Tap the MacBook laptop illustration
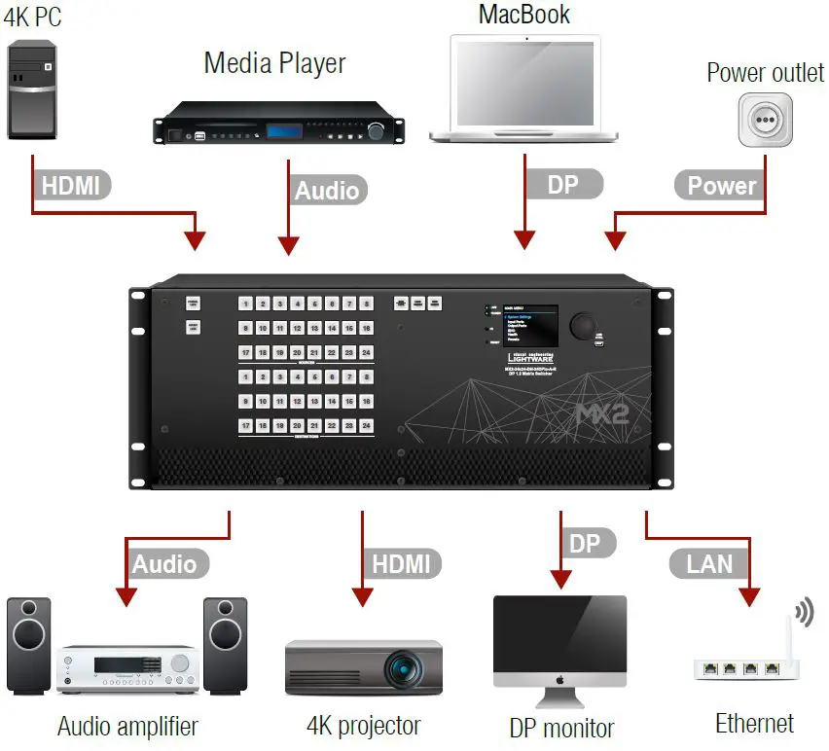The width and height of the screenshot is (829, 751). [524, 88]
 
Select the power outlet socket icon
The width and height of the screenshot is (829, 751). [764, 121]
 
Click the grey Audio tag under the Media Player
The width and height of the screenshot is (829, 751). [328, 190]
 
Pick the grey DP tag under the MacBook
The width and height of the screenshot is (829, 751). [564, 185]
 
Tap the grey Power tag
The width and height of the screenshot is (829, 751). [721, 186]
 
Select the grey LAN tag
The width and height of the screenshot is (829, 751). [710, 563]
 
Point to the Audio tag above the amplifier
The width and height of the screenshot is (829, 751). [163, 564]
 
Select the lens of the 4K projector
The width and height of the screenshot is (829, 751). [401, 669]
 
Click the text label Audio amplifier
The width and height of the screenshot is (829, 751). [127, 726]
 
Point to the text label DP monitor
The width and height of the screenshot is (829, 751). [561, 728]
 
